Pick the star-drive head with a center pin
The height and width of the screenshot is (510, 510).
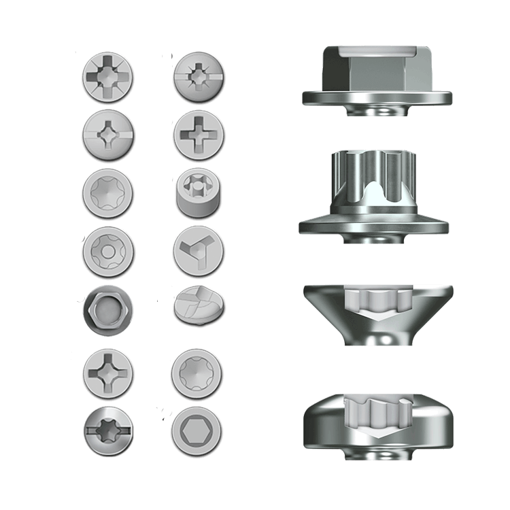click(x=107, y=250)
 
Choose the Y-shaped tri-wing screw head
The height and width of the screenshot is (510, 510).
click(x=199, y=252)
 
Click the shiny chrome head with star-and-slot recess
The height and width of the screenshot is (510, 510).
click(x=107, y=430)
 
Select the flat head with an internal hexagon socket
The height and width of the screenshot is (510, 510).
click(x=199, y=430)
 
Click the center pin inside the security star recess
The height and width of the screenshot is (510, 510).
click(x=107, y=250)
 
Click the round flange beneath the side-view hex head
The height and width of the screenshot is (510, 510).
click(x=378, y=97)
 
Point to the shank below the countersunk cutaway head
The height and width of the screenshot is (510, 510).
click(x=378, y=337)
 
